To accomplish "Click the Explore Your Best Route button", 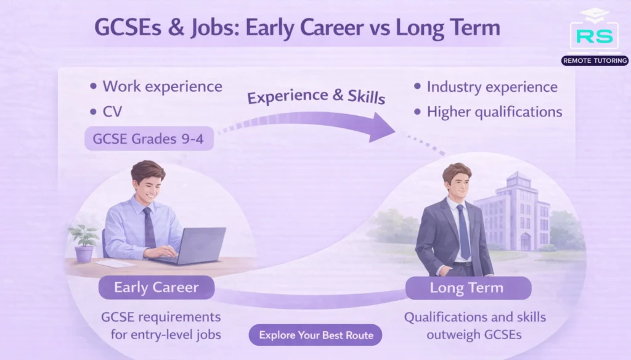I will (315, 335).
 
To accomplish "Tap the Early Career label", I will (157, 287).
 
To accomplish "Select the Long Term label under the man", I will (466, 288).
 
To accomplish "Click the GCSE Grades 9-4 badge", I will (149, 139).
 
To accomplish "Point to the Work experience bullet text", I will (162, 86).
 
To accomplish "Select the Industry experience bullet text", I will (492, 87).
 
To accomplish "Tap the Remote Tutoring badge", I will (595, 60).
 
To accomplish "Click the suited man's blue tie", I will (462, 231).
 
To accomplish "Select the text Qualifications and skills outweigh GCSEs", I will (474, 325).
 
